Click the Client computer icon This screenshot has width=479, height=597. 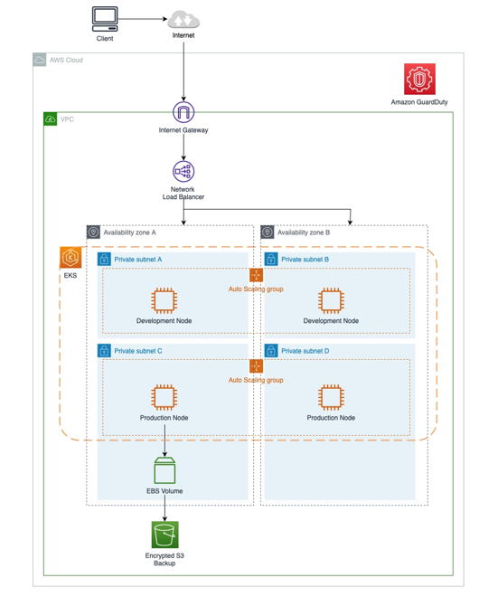tap(105, 19)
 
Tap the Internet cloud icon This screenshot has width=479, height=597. tap(183, 19)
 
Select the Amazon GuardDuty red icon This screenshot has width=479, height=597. tap(419, 79)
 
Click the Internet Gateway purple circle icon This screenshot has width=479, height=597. tap(183, 112)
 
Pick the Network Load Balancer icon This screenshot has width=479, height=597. tap(183, 171)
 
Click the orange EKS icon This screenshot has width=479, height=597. tap(70, 258)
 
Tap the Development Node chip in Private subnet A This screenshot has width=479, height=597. tap(164, 301)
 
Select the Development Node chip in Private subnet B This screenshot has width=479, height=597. tap(331, 301)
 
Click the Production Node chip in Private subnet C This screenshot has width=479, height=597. tap(164, 397)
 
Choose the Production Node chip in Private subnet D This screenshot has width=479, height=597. tap(331, 397)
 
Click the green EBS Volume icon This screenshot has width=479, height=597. tap(164, 470)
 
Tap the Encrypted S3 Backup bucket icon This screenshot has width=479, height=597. tap(164, 535)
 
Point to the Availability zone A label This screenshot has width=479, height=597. tap(129, 232)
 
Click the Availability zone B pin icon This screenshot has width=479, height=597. tap(268, 232)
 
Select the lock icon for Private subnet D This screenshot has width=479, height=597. tap(271, 351)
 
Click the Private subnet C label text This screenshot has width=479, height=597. tap(138, 351)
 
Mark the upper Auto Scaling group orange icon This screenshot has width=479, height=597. tap(256, 275)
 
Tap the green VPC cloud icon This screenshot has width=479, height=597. tap(51, 119)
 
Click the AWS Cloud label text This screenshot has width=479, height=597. tap(66, 61)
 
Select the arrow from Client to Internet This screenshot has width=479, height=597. tap(143, 19)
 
